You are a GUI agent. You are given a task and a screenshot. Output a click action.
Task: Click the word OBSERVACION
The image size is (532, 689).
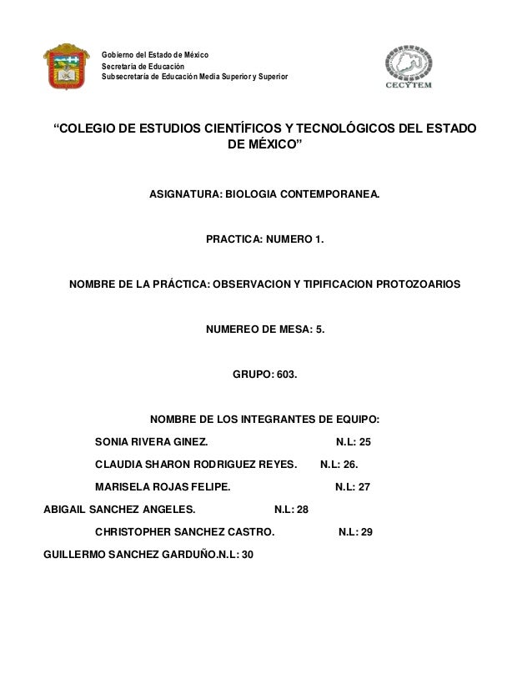coord(249,284)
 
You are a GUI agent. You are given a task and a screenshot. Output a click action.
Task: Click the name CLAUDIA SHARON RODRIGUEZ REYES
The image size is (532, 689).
coord(196,465)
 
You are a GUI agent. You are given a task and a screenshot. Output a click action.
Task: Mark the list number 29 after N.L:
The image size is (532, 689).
coord(366,532)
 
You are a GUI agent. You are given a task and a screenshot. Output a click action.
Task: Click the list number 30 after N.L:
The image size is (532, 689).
coord(248,555)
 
